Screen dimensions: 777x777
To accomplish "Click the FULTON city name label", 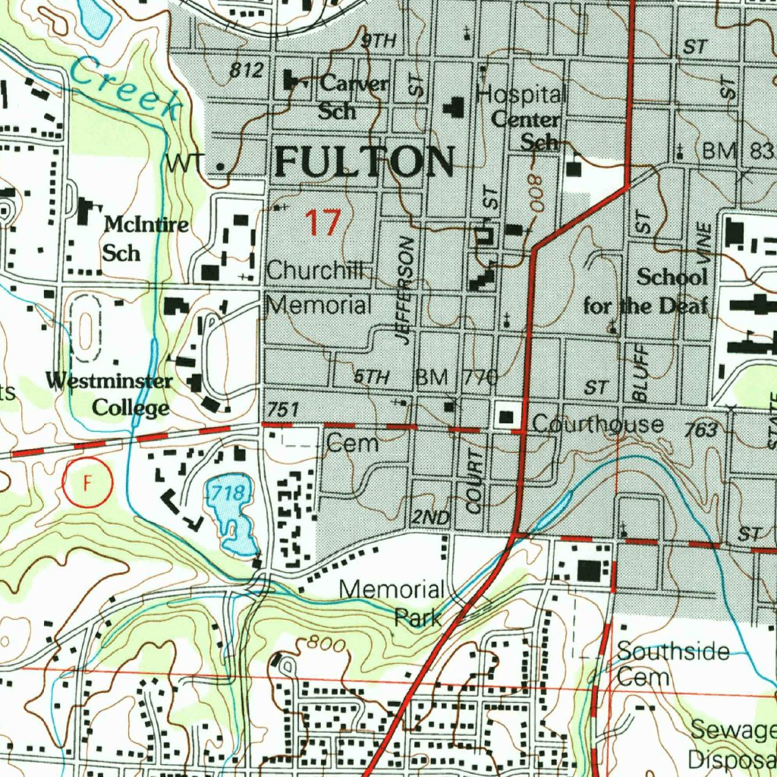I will tap(364, 161).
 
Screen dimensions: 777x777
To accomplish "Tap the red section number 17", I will tap(322, 223).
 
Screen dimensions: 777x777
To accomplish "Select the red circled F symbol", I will tap(87, 483).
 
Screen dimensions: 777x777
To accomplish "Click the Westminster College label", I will tap(109, 395).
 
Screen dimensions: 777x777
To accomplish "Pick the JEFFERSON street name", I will tap(405, 291).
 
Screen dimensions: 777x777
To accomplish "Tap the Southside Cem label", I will tap(659, 663).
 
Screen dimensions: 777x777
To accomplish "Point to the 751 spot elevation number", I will tap(283, 410).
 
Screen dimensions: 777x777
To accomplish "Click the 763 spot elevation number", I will tap(700, 430).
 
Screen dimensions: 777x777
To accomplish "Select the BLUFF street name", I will tap(640, 372).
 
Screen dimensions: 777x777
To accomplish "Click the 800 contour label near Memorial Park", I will tap(327, 644).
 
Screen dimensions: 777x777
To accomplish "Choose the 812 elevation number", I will tap(246, 71).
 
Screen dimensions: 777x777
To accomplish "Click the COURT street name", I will tap(474, 481).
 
